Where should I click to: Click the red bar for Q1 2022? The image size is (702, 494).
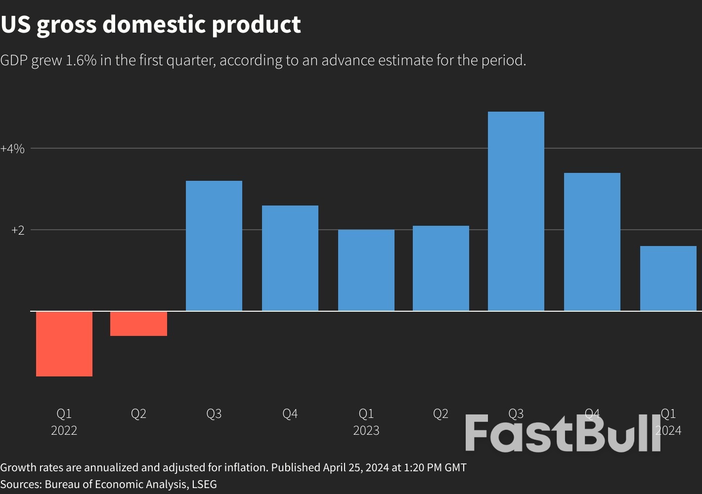tap(64, 344)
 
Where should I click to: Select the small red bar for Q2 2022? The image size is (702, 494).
tap(138, 324)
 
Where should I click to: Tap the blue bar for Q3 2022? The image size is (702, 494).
tap(214, 246)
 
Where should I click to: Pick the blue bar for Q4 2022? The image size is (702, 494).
tap(290, 258)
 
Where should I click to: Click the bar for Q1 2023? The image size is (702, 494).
tap(366, 270)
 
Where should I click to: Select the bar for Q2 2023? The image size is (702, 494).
tap(441, 268)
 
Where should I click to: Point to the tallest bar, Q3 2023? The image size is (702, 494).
tap(516, 211)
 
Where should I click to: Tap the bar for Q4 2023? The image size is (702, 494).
tap(592, 242)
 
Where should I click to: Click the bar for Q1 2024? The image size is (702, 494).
tap(668, 279)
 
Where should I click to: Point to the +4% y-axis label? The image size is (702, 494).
tap(12, 149)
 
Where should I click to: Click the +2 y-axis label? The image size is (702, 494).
tap(18, 230)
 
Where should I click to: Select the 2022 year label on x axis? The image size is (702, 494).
tap(64, 431)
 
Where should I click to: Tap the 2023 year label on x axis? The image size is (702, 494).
tap(366, 431)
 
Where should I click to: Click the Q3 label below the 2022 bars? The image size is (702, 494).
tap(214, 414)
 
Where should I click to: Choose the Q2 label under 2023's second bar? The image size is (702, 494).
tap(441, 414)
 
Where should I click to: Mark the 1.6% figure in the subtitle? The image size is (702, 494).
tap(81, 60)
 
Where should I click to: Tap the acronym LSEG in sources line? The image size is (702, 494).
tap(204, 484)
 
